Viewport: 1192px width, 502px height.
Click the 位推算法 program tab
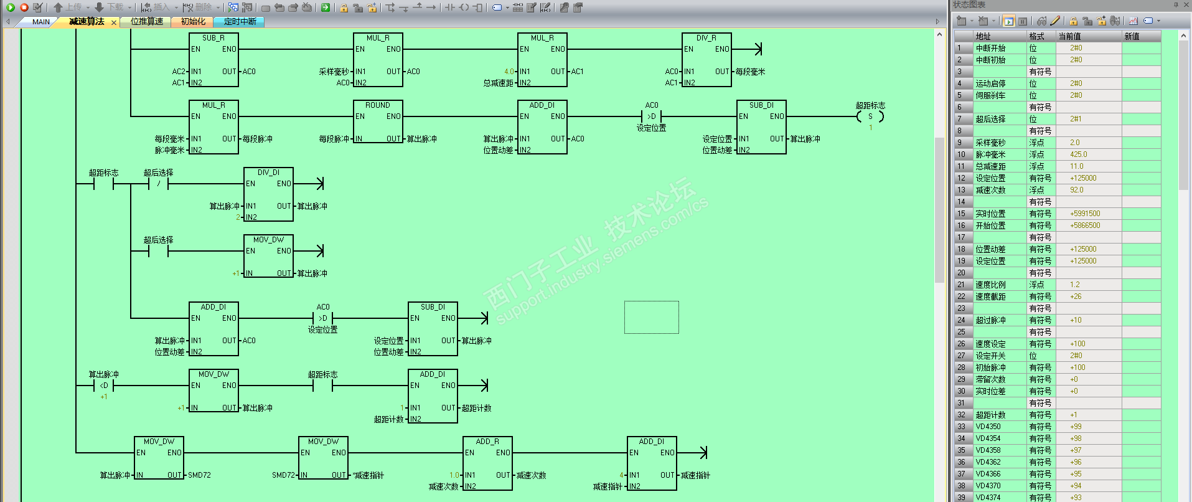147,22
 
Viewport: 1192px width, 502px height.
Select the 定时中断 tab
240,22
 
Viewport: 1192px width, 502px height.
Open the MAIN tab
41,22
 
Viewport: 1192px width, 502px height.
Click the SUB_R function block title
213,38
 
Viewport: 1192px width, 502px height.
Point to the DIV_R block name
706,38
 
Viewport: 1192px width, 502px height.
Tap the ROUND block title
377,105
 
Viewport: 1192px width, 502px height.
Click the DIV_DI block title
268,173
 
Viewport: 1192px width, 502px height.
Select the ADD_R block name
487,442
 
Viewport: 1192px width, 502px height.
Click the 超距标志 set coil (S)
870,116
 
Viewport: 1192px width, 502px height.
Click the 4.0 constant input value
509,72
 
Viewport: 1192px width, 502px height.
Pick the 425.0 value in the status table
1079,154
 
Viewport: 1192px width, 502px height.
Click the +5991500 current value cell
1085,214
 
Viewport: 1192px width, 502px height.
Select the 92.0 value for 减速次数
1077,190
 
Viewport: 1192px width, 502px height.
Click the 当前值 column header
1069,36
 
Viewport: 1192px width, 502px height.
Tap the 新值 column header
1132,36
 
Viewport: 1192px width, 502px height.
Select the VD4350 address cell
988,427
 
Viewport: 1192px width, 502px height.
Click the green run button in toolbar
11,7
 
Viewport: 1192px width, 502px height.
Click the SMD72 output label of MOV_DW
199,475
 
